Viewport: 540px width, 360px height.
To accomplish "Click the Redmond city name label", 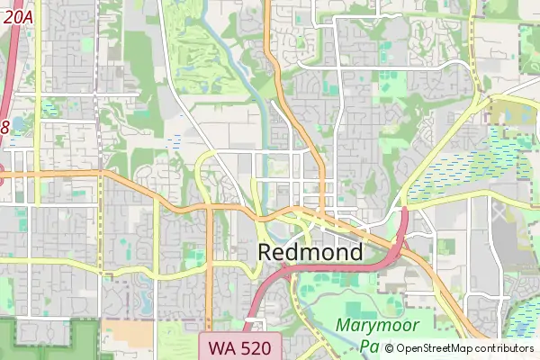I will (310, 252).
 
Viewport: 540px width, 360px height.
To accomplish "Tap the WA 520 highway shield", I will (240, 346).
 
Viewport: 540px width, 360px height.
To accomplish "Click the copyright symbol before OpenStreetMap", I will (389, 348).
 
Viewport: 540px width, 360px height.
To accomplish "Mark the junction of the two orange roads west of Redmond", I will (209, 208).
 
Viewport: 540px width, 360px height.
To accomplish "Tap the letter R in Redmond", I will (267, 252).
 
